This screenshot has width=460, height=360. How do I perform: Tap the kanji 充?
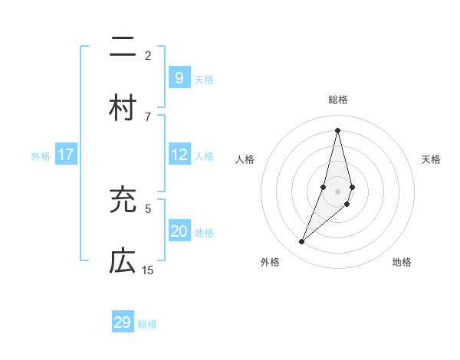coord(123,200)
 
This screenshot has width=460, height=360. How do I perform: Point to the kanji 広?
coord(123,261)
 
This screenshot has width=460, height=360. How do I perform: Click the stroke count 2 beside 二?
coord(148,55)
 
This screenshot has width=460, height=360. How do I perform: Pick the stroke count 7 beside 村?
coord(148,116)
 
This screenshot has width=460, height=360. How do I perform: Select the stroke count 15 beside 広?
coord(148,270)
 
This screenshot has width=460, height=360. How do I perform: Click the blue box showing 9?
coord(179,77)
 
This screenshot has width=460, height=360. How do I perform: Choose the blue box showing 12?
coord(179,155)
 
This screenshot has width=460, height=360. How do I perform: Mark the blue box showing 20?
coord(179,231)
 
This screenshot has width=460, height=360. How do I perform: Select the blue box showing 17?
coord(66,155)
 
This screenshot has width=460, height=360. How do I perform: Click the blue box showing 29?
coord(123,322)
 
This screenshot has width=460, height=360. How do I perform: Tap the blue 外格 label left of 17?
coord(41,156)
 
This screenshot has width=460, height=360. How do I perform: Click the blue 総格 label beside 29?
coord(147,324)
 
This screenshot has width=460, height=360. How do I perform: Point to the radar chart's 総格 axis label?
coord(337,100)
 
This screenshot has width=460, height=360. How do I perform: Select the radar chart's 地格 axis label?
coord(402,262)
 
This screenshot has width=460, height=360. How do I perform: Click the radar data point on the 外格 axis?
coord(301,242)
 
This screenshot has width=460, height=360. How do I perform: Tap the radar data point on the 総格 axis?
coord(337,129)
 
